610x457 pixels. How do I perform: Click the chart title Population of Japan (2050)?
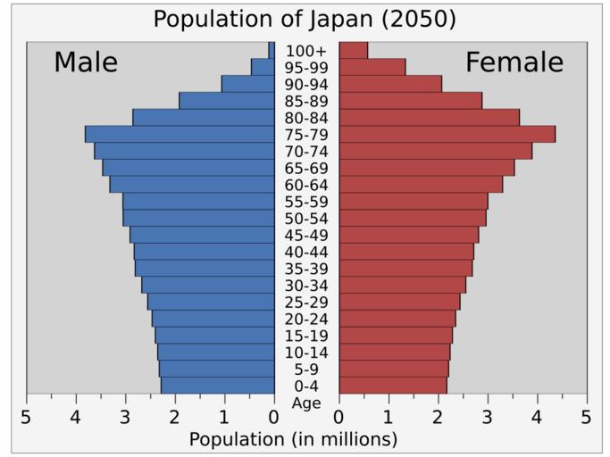click(305, 19)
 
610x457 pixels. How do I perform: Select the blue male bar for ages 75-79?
click(180, 134)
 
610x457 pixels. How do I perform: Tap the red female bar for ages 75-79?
click(447, 134)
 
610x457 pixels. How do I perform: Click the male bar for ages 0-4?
click(217, 386)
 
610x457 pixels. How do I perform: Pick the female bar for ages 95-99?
click(372, 67)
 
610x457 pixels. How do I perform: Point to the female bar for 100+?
click(353, 50)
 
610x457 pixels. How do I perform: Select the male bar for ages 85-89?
click(226, 101)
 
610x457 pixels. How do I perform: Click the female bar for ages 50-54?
click(413, 218)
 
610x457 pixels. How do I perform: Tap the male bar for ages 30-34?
click(207, 285)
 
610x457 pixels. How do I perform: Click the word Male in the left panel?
click(86, 62)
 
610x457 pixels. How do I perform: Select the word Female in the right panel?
click(514, 62)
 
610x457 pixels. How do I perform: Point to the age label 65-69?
click(306, 168)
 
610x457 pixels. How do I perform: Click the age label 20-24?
click(306, 319)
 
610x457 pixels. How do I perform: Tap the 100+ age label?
click(306, 51)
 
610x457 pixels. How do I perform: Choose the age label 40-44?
click(306, 252)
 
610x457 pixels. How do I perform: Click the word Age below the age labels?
click(306, 403)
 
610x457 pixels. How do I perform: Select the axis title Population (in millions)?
click(294, 439)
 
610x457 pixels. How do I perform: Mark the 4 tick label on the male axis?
click(76, 417)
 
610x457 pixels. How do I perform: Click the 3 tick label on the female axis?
click(488, 417)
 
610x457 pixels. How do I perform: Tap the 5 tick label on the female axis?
click(587, 417)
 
